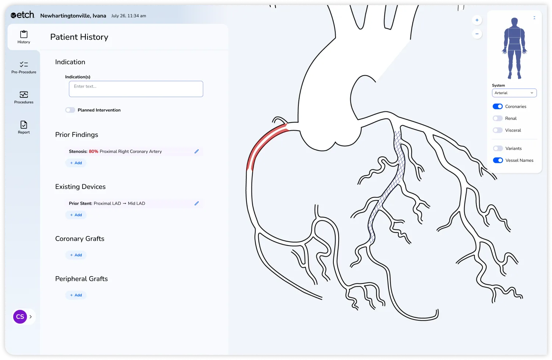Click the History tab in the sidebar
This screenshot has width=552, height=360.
click(24, 37)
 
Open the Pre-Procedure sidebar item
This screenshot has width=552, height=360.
click(24, 67)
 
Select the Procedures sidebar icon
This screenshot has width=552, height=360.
click(24, 97)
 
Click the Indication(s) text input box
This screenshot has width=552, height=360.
click(136, 89)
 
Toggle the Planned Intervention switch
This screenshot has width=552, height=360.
click(70, 110)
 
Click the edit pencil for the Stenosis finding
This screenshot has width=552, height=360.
click(197, 152)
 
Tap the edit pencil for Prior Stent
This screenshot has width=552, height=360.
click(197, 203)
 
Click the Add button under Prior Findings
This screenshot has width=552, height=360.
click(76, 163)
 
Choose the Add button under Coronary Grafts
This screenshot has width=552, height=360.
click(76, 255)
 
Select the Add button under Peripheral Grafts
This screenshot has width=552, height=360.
click(76, 295)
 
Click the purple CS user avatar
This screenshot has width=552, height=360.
click(20, 317)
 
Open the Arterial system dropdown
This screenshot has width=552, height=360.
click(514, 93)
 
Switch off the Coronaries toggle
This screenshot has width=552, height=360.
click(498, 107)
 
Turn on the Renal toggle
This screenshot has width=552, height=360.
click(498, 118)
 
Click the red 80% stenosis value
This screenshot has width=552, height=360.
click(93, 152)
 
